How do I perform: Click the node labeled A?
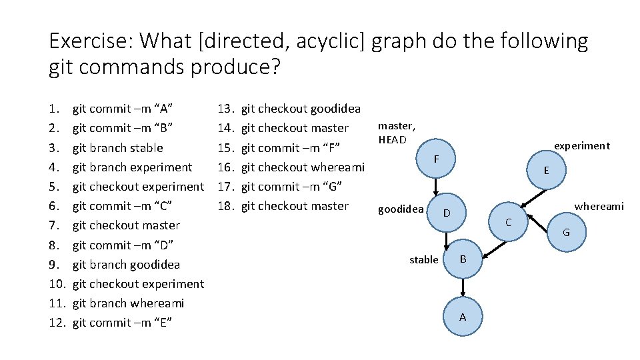[x=463, y=317]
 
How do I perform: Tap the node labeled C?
[x=507, y=221]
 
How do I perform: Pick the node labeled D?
[x=447, y=213]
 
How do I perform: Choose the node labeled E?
[x=546, y=170]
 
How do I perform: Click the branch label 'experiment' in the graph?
[x=582, y=145]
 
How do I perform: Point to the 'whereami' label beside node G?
[x=599, y=206]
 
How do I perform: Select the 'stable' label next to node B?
[x=424, y=259]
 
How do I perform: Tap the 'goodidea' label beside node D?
[x=401, y=209]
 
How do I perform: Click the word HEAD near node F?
[x=392, y=139]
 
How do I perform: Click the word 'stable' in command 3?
[x=146, y=147]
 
